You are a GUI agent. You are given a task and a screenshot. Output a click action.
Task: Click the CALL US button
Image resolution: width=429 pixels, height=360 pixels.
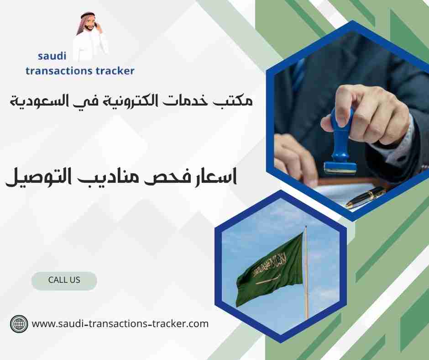coord(64,281)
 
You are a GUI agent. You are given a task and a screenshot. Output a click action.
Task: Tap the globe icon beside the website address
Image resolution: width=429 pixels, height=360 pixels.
coord(19,324)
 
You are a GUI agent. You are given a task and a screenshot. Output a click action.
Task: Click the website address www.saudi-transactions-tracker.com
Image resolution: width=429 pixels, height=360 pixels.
coord(120,324)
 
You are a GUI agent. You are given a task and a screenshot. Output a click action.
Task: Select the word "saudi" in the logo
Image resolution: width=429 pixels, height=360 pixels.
coord(52,56)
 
